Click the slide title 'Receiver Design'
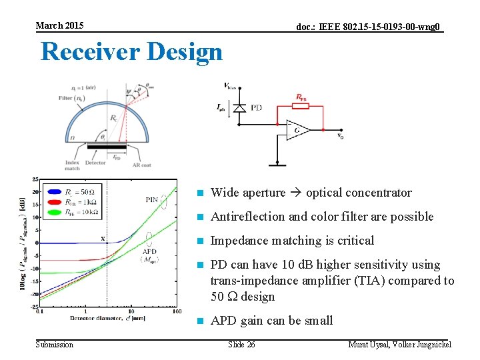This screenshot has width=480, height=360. coord(131,51)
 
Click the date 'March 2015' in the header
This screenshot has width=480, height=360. coord(59,25)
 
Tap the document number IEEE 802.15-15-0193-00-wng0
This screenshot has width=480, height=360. coord(368,27)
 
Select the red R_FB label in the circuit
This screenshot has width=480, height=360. coord(301,98)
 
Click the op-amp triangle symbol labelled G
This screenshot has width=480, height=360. coord(296,129)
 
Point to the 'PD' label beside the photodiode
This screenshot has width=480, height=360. coord(257,107)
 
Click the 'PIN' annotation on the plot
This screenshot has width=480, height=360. coord(151,199)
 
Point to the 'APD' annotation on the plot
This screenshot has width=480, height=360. coord(150,251)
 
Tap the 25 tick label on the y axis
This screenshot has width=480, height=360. coord(35,180)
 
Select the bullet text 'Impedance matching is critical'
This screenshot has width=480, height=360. coord(292,241)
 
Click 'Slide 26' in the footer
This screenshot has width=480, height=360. coord(241,344)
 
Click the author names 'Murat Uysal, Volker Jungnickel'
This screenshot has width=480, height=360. coord(400,344)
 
